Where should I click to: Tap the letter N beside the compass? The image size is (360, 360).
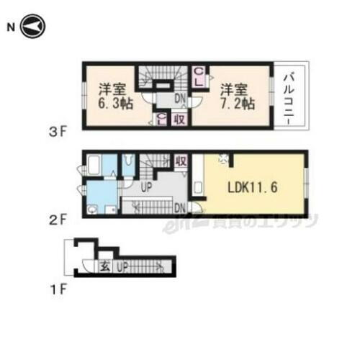(x=11, y=27)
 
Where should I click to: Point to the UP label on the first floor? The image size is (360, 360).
(x=122, y=266)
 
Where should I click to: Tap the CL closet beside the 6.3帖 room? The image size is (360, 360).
(x=161, y=119)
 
